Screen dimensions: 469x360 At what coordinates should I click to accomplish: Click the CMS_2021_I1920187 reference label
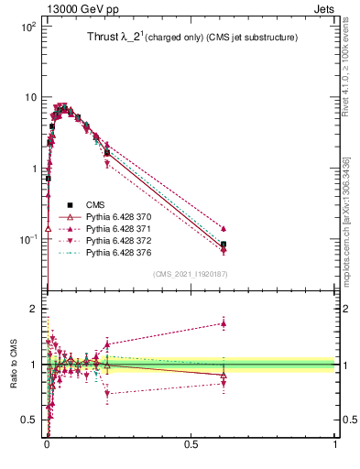click(190, 273)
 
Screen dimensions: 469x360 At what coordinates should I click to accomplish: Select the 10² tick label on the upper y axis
click(27, 27)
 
